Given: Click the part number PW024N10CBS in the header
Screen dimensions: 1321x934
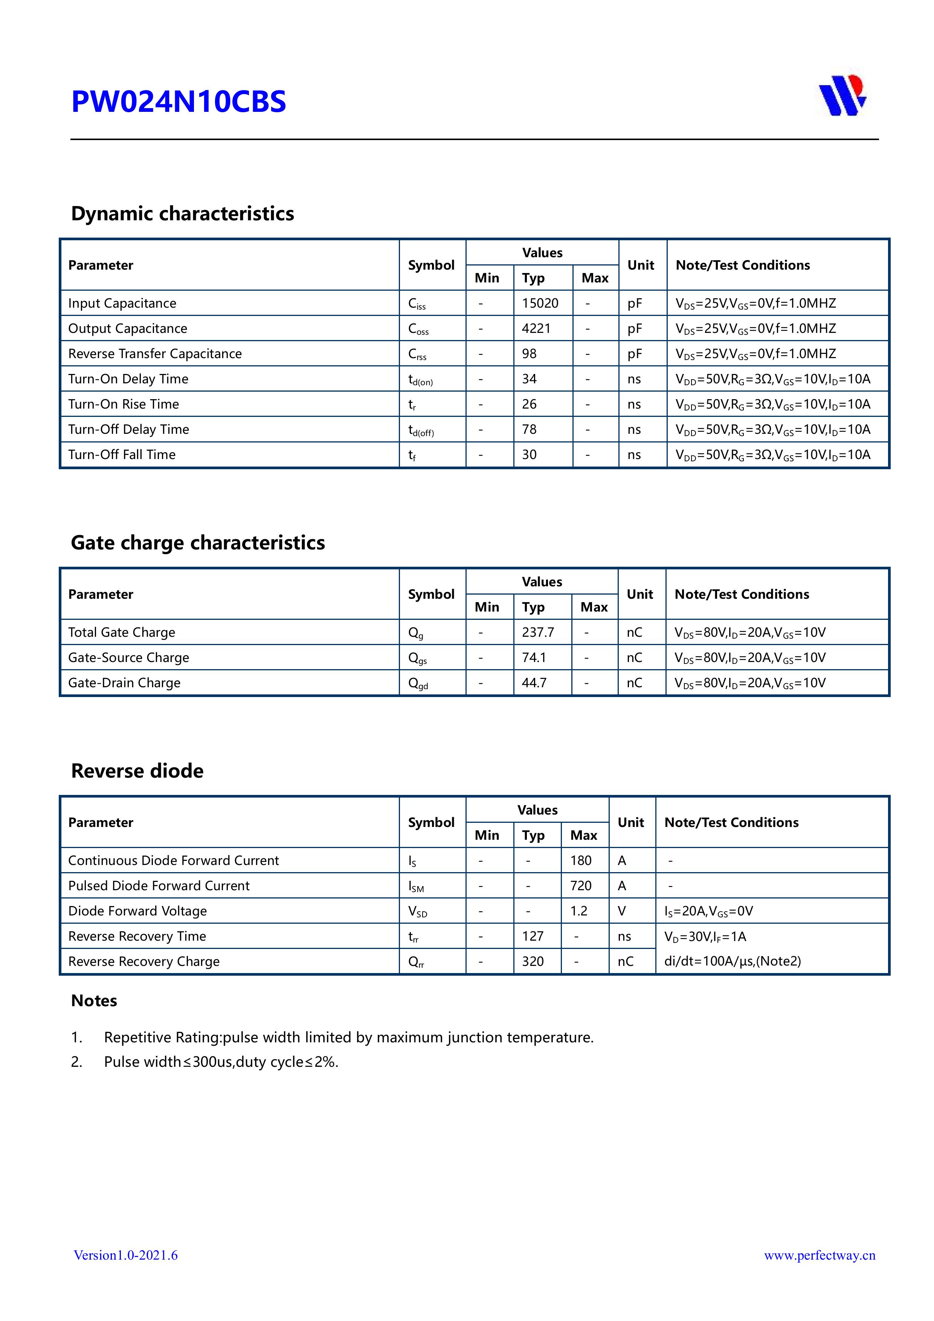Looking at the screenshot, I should [x=179, y=102].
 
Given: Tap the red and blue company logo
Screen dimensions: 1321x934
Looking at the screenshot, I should [x=842, y=96].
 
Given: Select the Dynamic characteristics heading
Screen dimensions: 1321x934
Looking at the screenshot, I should [x=182, y=214].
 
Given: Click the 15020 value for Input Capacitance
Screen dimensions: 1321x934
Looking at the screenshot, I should [x=540, y=303].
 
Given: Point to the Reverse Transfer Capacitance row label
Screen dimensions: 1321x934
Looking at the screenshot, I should [x=155, y=354].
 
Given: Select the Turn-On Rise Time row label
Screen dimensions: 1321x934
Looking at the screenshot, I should [x=123, y=404].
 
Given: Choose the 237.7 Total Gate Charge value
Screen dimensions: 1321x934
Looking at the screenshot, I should [x=537, y=632].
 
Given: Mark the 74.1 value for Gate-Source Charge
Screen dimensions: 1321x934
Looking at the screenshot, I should [x=533, y=657].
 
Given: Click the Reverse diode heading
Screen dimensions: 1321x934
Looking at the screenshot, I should [x=137, y=771].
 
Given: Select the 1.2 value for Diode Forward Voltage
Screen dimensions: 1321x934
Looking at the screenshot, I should [x=578, y=911].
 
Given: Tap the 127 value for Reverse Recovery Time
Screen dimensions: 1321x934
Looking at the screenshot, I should [x=532, y=937].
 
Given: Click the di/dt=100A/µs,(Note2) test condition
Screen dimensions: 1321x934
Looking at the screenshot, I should [x=732, y=961].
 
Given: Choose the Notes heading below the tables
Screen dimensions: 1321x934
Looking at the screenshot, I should [x=94, y=1001].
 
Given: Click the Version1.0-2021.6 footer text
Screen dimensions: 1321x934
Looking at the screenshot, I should [x=125, y=1255].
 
